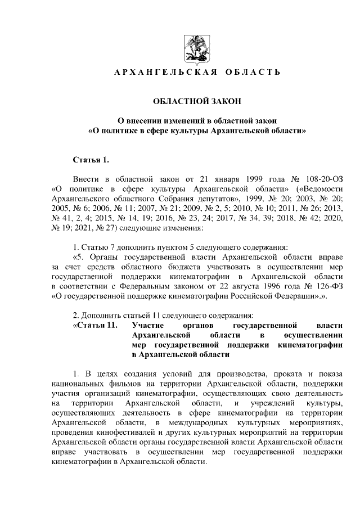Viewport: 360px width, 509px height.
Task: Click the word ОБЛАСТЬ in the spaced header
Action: pos(253,73)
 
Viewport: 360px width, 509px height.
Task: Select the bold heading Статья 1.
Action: pos(90,160)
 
